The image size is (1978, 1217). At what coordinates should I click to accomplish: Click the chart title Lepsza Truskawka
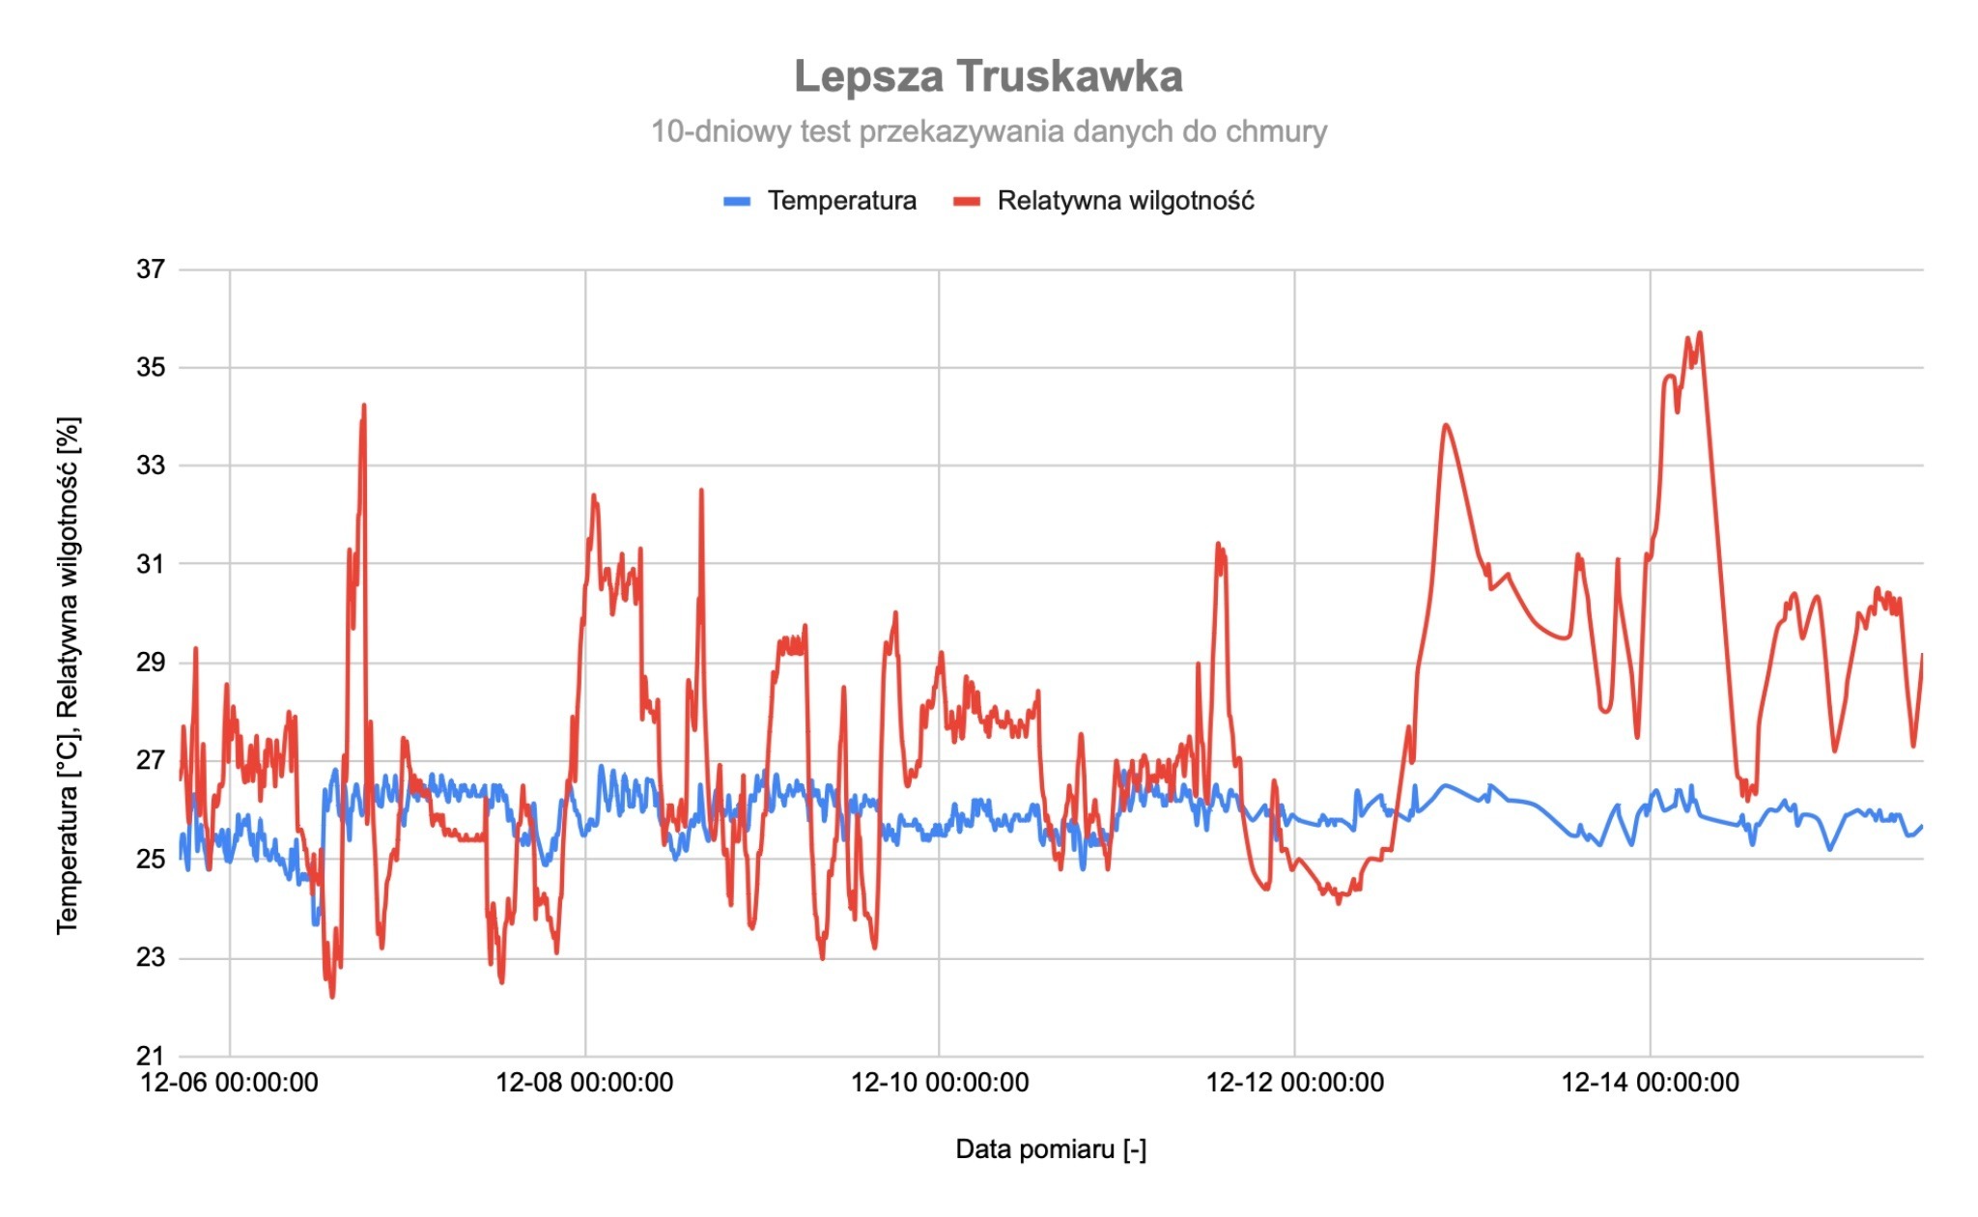(x=988, y=76)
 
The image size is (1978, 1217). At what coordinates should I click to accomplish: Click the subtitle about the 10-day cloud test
(x=988, y=131)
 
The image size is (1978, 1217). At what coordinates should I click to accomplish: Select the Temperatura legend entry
(x=841, y=201)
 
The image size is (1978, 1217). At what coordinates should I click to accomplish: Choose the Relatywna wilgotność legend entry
(x=1125, y=201)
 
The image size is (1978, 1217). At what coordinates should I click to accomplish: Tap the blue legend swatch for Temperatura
(x=737, y=201)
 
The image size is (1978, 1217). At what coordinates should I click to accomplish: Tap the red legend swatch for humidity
(x=967, y=201)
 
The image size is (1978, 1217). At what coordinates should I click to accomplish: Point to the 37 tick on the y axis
(x=151, y=269)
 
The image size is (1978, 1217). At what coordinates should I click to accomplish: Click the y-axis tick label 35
(x=151, y=368)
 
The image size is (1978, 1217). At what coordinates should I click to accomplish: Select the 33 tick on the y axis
(x=151, y=467)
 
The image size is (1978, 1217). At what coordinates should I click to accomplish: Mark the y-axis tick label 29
(x=151, y=663)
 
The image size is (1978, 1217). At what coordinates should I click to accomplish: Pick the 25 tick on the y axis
(x=151, y=860)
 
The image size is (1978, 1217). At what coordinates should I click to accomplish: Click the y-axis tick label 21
(x=151, y=1056)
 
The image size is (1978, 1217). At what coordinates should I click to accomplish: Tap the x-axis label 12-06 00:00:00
(x=229, y=1083)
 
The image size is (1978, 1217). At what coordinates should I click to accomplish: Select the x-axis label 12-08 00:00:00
(x=584, y=1083)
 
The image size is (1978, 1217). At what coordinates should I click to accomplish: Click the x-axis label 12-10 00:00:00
(x=939, y=1083)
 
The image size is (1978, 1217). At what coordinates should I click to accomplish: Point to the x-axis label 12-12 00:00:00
(x=1294, y=1083)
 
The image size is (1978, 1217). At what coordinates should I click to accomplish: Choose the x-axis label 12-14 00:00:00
(x=1650, y=1083)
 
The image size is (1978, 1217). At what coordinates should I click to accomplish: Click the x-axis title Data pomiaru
(x=1051, y=1149)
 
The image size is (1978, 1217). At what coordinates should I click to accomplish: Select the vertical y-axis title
(x=68, y=676)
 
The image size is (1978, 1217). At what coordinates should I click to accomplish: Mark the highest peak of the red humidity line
(x=1700, y=333)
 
